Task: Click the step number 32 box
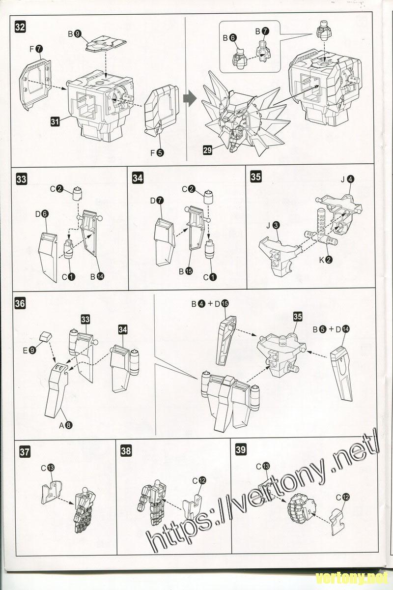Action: pos(20,28)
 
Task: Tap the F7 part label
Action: pos(36,49)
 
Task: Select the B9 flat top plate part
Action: pos(106,44)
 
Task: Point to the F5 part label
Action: pos(157,153)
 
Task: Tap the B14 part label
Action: pos(97,276)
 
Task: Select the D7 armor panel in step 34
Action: pos(164,241)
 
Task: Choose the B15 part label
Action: pos(186,271)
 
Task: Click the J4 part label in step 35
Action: pos(347,179)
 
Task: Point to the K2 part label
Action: pos(326,260)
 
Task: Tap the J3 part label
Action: pos(273,226)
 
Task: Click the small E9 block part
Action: pos(46,337)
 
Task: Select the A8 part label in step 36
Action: pos(65,425)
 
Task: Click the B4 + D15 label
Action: pos(210,304)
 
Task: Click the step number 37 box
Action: pos(25,452)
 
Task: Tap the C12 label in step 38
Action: pos(199,481)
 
